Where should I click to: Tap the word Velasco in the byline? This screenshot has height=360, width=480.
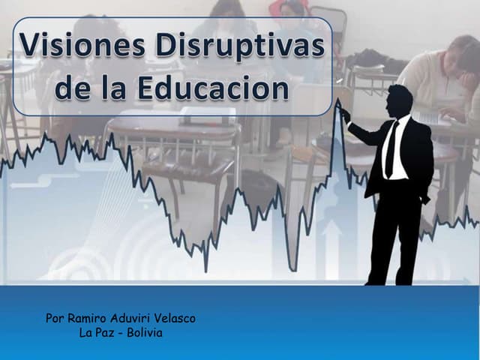click(x=179, y=318)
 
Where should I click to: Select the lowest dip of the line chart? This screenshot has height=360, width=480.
click(x=205, y=270)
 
